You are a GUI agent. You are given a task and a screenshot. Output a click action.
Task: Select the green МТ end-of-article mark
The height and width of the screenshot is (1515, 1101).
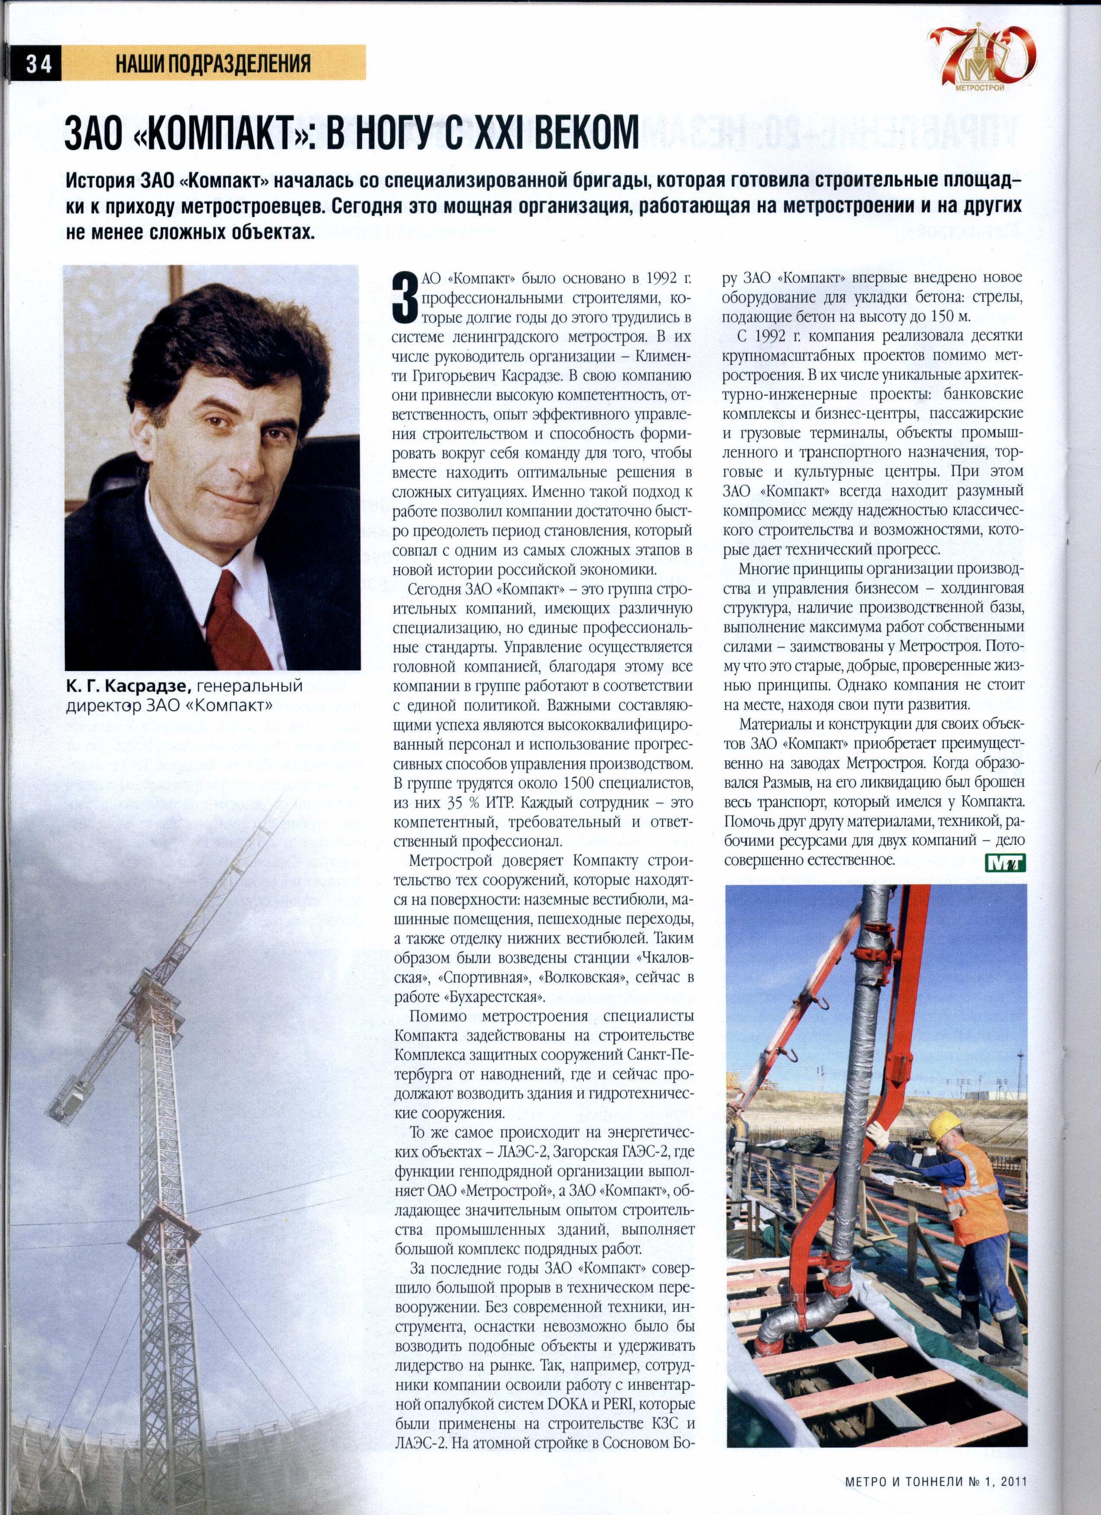pyautogui.click(x=1005, y=863)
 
